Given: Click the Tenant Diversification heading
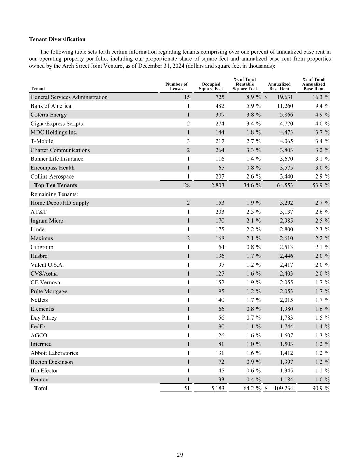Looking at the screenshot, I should pos(57,39).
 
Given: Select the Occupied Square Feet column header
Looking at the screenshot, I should pos(211,87).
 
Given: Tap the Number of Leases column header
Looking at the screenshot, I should pos(177,87).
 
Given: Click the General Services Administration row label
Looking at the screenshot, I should pos(69,97).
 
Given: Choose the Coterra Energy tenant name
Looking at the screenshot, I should pos(48,115).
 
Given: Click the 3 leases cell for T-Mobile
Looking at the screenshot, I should pos(188,141).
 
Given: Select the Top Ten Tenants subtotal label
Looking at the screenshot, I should pos(56,185).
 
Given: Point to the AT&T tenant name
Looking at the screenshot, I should pos(39,212).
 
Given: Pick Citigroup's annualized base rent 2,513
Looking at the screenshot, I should pos(286,247).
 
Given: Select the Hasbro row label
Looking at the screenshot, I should pos(39,256).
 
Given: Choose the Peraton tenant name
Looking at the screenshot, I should pos(40,380).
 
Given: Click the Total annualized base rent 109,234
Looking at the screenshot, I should pos(284,389).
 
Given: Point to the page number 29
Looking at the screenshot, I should pos(180,455).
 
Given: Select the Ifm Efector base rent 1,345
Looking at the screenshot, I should pos(286,371).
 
